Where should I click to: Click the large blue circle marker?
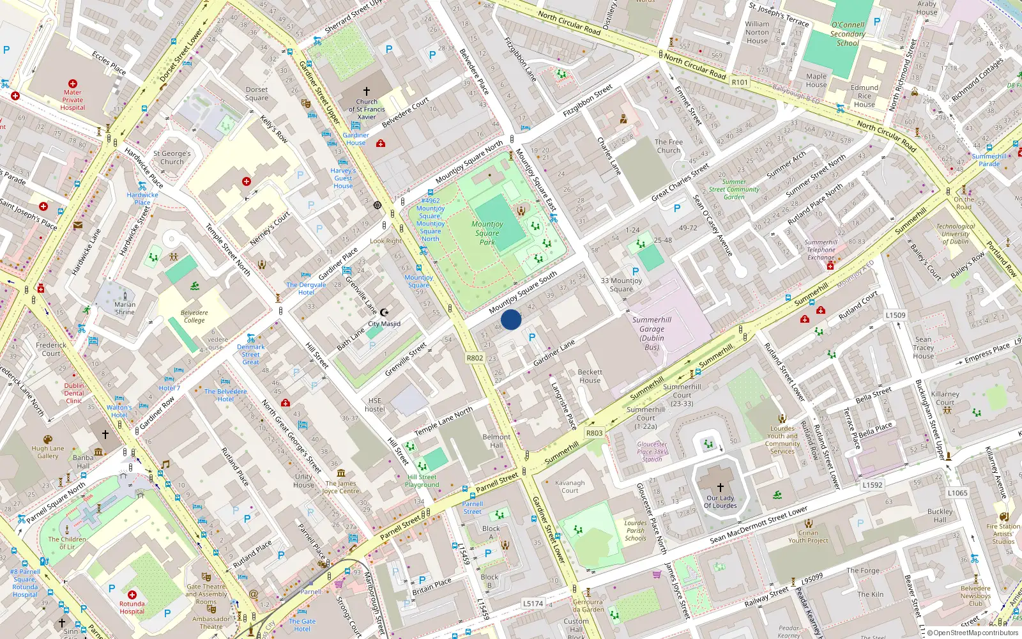(x=511, y=319)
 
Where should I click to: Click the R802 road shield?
(x=475, y=358)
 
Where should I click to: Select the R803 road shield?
(x=594, y=433)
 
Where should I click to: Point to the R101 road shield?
(x=740, y=82)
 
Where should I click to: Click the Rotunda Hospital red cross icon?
(x=132, y=594)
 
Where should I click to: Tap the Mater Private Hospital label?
(x=72, y=100)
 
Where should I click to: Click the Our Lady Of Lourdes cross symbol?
(x=721, y=487)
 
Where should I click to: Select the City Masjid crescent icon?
(x=384, y=312)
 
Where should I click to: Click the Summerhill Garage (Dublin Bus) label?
(x=652, y=334)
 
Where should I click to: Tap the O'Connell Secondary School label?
(x=848, y=34)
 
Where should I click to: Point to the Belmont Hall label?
(x=496, y=441)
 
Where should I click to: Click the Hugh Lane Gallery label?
(x=48, y=452)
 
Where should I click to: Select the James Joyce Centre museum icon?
(x=340, y=473)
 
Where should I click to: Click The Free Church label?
(x=669, y=146)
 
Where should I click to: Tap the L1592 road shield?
(x=872, y=485)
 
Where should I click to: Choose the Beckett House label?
(x=590, y=376)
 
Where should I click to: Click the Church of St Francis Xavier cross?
(x=367, y=91)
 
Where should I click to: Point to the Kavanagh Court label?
(x=570, y=487)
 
